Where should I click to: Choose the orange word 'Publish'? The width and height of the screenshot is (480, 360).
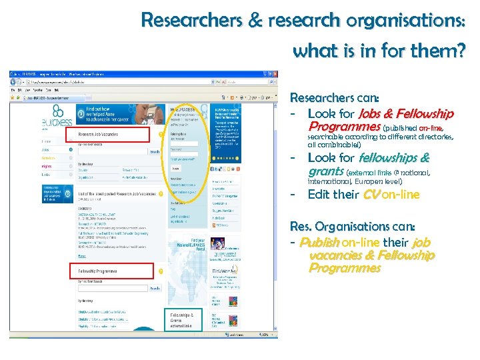click(x=320, y=242)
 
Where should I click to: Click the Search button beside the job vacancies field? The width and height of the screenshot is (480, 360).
click(x=155, y=152)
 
